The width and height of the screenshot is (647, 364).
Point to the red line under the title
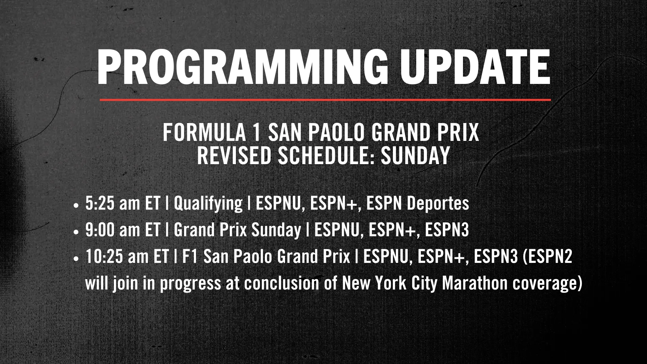click(x=326, y=100)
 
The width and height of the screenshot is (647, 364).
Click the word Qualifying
click(x=208, y=204)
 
